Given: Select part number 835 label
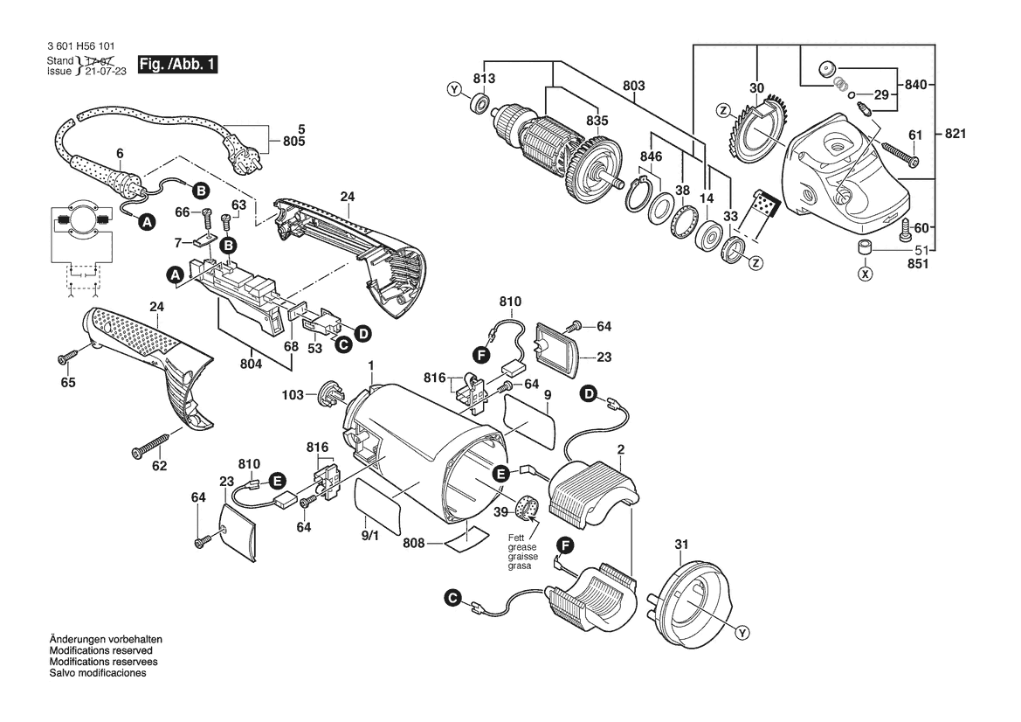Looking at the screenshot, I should (597, 121).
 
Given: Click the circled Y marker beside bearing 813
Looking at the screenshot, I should (452, 89).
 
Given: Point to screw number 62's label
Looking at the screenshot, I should (159, 466).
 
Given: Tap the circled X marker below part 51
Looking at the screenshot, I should (865, 274).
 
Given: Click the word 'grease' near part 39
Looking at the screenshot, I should (522, 547).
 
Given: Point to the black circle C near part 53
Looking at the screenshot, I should (343, 345).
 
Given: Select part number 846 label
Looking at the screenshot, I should (652, 156).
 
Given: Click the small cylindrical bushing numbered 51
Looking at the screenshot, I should (865, 246).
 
